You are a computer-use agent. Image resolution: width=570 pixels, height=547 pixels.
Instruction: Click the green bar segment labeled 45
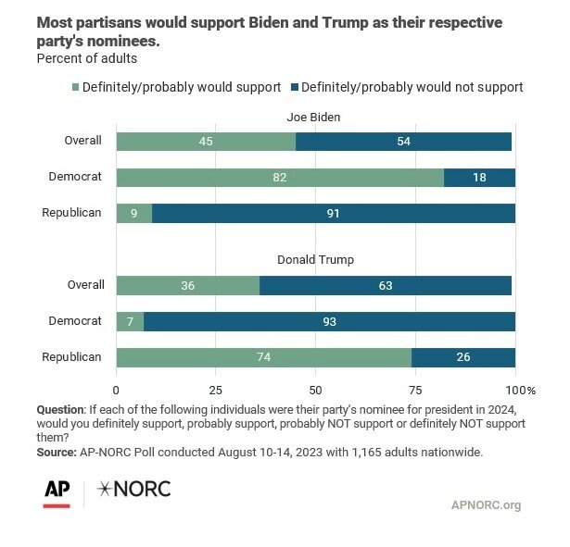coord(206,142)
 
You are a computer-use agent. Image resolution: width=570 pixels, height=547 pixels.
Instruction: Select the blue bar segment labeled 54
coord(403,142)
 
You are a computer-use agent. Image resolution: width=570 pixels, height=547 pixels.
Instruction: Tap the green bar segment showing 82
coord(280,177)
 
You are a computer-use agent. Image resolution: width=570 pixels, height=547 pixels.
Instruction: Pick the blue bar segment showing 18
coord(479,177)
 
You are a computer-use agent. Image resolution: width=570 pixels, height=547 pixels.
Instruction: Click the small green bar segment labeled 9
coord(133,213)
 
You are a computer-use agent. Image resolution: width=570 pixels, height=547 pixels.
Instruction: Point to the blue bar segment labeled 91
coord(334,213)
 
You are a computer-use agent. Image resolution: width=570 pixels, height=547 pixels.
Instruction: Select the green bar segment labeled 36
coord(188,286)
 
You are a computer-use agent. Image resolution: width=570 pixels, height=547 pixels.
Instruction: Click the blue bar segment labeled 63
coord(386,286)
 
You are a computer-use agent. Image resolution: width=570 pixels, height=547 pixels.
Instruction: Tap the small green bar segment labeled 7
coord(130,321)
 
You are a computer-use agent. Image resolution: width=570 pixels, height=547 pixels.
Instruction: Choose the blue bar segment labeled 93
coord(329,321)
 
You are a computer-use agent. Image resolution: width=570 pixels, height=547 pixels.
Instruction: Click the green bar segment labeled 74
coord(263,357)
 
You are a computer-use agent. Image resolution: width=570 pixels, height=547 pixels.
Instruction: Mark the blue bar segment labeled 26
coord(463,357)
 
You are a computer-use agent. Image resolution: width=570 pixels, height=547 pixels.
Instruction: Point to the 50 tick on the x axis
coord(315,390)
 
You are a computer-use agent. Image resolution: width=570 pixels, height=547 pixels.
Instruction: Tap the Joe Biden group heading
coord(314,117)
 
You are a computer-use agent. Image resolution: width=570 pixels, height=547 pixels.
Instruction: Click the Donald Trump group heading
coord(314,261)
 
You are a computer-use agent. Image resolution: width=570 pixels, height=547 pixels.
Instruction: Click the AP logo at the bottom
coord(58,491)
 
